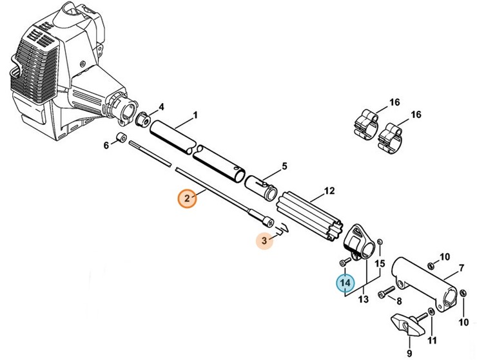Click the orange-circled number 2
pyautogui.click(x=187, y=198)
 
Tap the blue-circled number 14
pyautogui.click(x=345, y=283)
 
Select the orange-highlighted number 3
pyautogui.click(x=264, y=240)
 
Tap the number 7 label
pyautogui.click(x=461, y=267)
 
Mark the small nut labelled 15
pyautogui.click(x=380, y=243)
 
